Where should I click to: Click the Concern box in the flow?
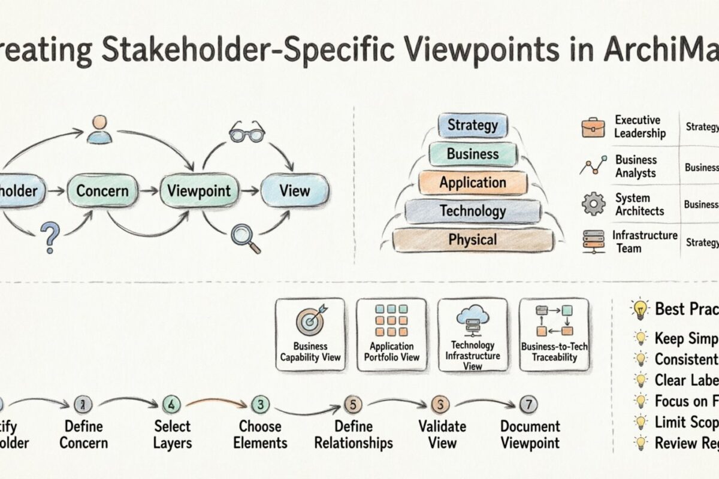[x=102, y=191]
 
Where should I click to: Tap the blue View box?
[x=294, y=191]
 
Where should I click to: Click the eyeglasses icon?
[x=246, y=133]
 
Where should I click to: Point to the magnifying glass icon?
[x=246, y=237]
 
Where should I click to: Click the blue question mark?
[x=52, y=236]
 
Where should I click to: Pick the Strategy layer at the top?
[x=473, y=126]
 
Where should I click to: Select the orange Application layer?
[x=473, y=183]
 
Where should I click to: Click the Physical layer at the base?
[x=473, y=239]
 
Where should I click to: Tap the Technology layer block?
[x=473, y=211]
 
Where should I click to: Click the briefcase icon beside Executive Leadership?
[x=593, y=128]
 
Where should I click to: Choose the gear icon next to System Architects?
[x=593, y=204]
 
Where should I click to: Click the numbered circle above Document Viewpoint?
[x=527, y=405]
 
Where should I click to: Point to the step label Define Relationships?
[x=354, y=435]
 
